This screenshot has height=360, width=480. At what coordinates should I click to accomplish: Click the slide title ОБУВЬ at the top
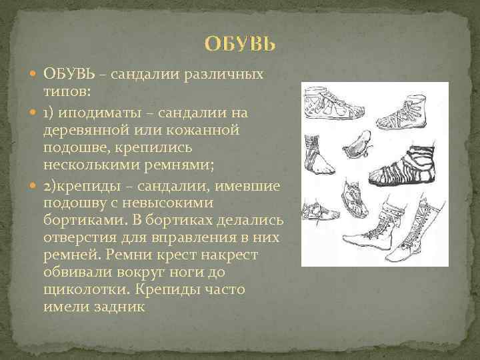[239, 45]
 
